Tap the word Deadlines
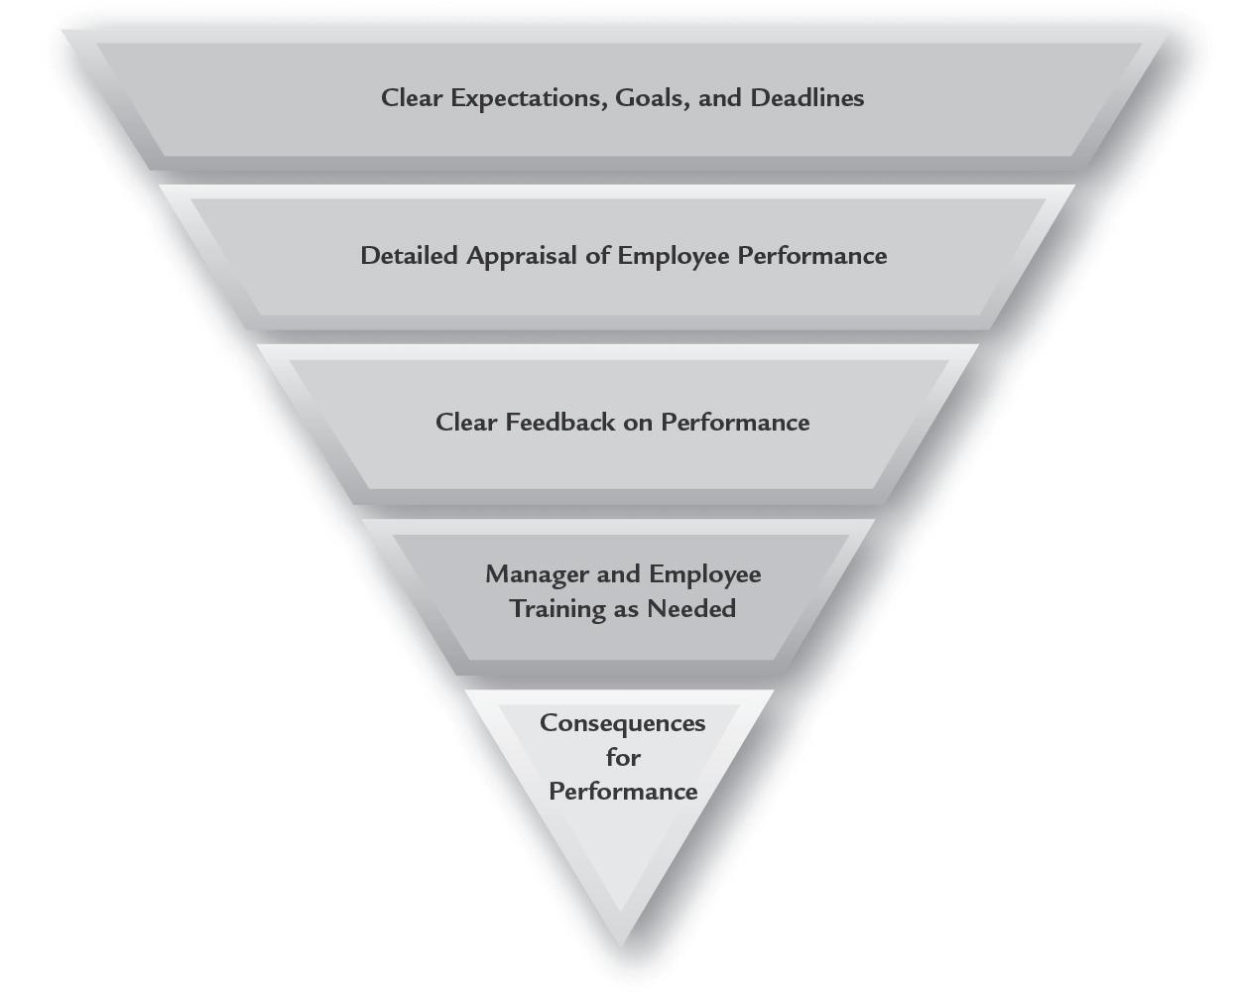[x=807, y=98]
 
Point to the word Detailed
[x=410, y=256]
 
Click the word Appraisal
[x=521, y=256]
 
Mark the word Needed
[x=692, y=608]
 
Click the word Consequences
[x=622, y=723]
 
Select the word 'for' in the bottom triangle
[x=623, y=758]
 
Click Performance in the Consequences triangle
[x=623, y=792]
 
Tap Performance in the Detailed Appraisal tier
[x=811, y=256]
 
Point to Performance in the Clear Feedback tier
[x=735, y=423]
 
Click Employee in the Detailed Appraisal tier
[x=674, y=256]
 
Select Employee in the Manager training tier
[x=705, y=574]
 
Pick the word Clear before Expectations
[x=412, y=98]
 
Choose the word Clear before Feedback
[x=466, y=423]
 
